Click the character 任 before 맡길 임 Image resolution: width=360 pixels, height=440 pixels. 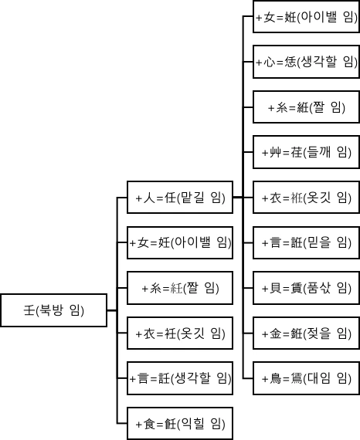tap(170, 199)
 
